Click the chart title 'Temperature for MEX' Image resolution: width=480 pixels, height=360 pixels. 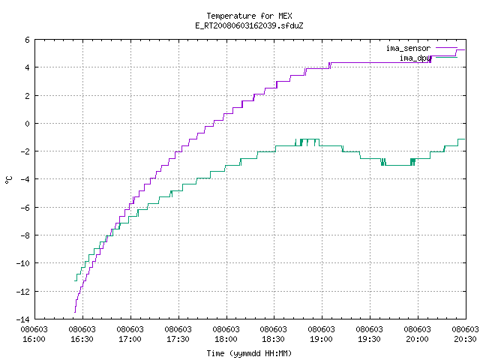click(249, 16)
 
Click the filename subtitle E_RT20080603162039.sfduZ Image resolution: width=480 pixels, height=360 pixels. click(249, 25)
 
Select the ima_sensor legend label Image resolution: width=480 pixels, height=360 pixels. click(408, 48)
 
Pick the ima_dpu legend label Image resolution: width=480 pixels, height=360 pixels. click(415, 58)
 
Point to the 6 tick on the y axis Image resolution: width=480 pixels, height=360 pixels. click(28, 40)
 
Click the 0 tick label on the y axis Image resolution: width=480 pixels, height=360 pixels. click(28, 124)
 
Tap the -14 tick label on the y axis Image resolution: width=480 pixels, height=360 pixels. click(23, 319)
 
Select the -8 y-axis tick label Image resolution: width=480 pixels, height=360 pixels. click(25, 235)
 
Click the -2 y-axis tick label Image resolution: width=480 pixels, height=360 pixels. click(25, 151)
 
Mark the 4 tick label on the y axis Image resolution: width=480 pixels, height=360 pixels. click(28, 67)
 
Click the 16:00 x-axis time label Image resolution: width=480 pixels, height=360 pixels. click(34, 339)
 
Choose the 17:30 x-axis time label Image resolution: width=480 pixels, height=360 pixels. click(178, 339)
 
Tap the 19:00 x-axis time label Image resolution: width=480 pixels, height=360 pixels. click(321, 339)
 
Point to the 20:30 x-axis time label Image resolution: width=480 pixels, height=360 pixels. click(465, 339)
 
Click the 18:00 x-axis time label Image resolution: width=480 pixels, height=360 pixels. click(226, 339)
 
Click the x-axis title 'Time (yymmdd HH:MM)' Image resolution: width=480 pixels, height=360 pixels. click(249, 353)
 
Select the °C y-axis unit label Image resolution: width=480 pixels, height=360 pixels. click(9, 180)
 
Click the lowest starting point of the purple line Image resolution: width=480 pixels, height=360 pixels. click(75, 312)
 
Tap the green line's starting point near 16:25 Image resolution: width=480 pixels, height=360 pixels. click(75, 280)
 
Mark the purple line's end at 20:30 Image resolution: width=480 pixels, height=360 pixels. click(465, 49)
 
